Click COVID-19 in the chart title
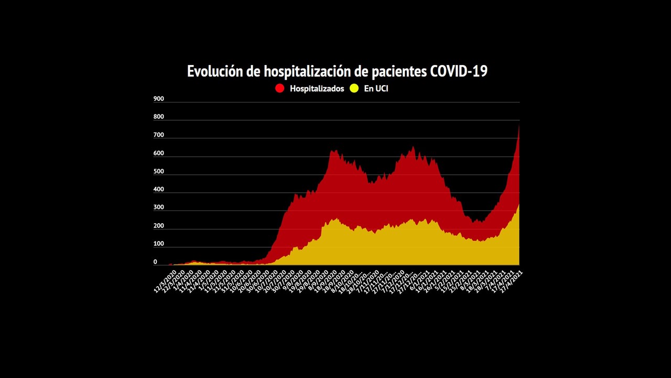[x=459, y=71]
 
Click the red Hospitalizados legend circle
[x=280, y=88]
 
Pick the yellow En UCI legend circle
[x=354, y=88]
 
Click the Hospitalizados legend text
[x=317, y=89]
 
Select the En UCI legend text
[x=376, y=89]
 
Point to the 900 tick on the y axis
[x=158, y=99]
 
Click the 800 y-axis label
[x=158, y=117]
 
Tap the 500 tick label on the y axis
[x=158, y=171]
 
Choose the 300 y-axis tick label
[x=158, y=207]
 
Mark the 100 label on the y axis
[x=158, y=244]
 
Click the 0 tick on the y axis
[x=155, y=262]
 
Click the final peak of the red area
[x=518, y=125]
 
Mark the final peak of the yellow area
[x=518, y=204]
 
